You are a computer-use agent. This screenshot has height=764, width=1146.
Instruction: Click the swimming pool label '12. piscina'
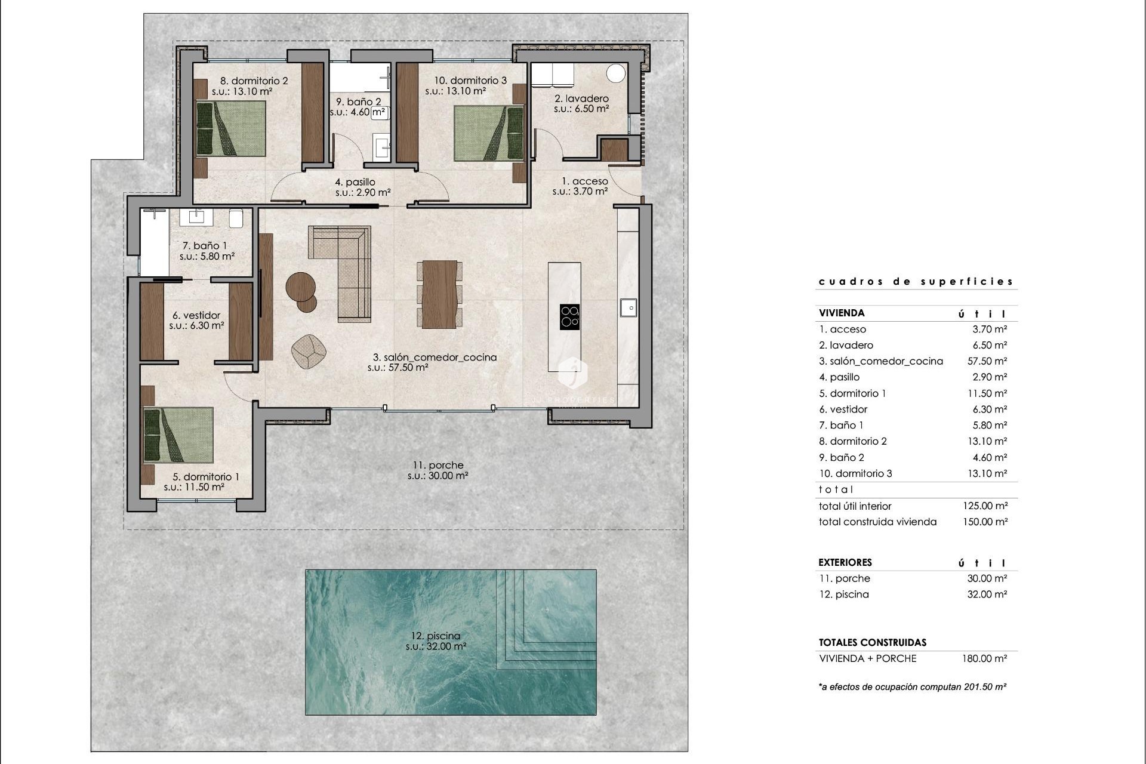coord(436,636)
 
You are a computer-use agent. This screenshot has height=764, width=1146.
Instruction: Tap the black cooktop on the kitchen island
coord(569,317)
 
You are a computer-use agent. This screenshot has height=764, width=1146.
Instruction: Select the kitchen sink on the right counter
coord(629,308)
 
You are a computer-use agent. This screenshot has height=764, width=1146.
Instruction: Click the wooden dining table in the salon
coord(439,294)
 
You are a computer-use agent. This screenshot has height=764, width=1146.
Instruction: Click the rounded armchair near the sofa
coord(309,351)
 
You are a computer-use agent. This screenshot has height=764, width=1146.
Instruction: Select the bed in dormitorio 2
coord(231,128)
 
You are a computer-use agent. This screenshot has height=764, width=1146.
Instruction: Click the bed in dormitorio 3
coord(488,133)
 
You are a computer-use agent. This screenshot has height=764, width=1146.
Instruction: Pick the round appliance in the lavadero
coord(615,73)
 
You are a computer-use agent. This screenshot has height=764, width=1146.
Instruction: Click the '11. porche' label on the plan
coord(438,466)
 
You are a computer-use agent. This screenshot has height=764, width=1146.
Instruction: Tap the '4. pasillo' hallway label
coord(355,182)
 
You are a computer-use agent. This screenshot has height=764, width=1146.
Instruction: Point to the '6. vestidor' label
coord(196,315)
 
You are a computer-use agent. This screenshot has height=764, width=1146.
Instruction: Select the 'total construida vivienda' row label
coord(877,522)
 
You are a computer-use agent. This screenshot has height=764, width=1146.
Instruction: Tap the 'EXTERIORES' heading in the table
coord(845,562)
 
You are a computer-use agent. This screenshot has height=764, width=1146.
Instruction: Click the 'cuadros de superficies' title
coord(916,282)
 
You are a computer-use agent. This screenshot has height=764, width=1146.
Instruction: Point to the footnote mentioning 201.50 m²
coord(912,687)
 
